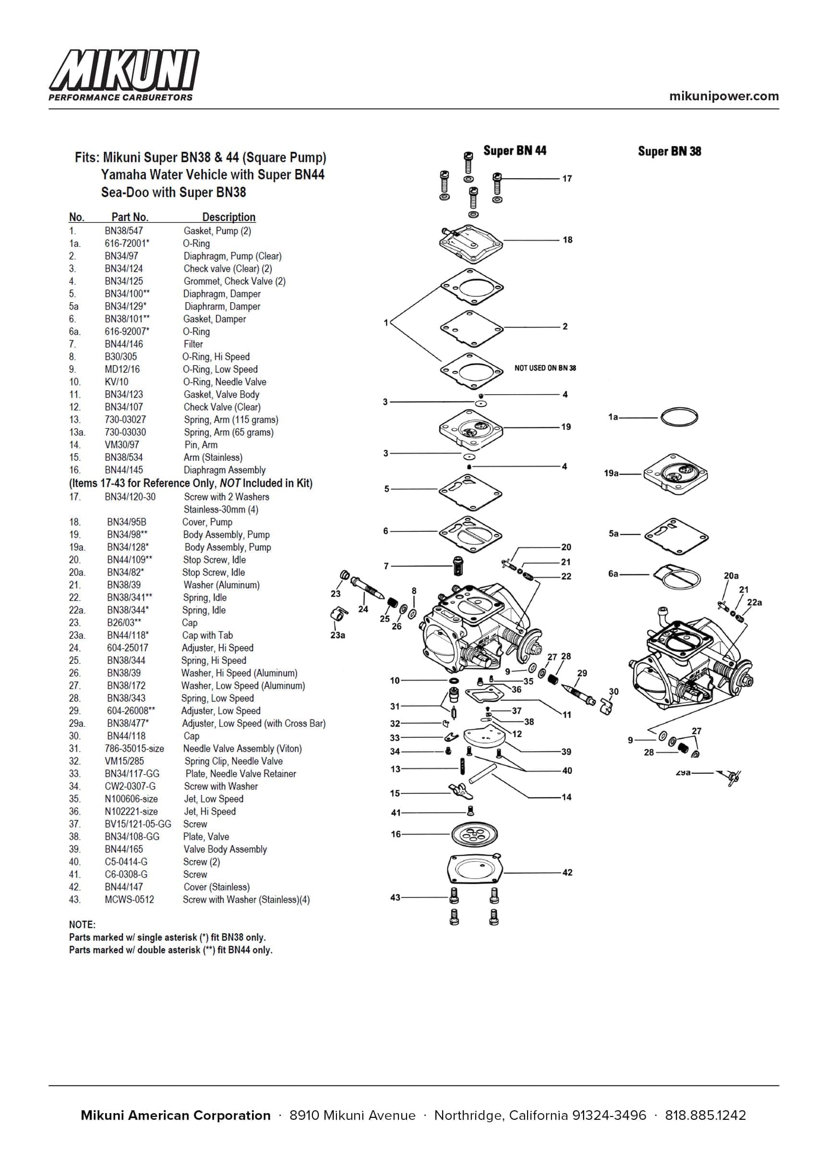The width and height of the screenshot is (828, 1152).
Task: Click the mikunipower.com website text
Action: (723, 96)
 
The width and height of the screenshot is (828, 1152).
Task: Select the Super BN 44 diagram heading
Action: (515, 150)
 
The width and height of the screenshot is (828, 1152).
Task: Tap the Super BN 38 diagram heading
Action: (669, 151)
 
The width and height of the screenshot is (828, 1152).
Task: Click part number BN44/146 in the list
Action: (123, 344)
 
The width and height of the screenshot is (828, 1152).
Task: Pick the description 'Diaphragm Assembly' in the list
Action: (225, 470)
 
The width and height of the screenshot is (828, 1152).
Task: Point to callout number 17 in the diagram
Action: (567, 178)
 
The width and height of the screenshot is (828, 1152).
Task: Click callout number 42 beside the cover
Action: (567, 873)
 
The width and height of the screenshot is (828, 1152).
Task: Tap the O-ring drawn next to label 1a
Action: (679, 417)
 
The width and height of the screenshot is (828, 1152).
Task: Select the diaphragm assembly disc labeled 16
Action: (474, 834)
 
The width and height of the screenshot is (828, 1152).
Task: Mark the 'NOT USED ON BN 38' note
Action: (545, 368)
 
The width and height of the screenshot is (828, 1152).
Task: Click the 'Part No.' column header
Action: (130, 217)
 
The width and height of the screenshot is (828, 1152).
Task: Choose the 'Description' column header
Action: (228, 217)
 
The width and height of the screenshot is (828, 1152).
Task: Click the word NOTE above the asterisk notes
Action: (82, 924)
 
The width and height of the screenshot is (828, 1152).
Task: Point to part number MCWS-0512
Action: (129, 900)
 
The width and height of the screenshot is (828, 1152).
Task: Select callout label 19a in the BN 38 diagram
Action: (611, 473)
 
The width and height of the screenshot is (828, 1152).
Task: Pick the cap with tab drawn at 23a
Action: (338, 616)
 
